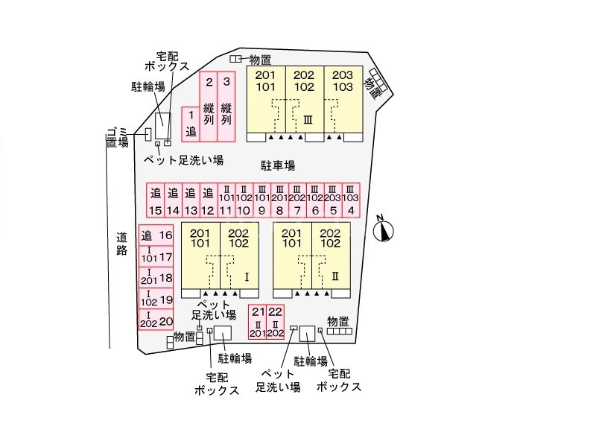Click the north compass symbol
[x=384, y=229]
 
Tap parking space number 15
[x=155, y=201]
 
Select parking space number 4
[x=351, y=201]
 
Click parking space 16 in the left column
[x=156, y=235]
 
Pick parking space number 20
[x=156, y=321]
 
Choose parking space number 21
[x=258, y=323]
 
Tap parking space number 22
[x=276, y=323]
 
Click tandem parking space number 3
[x=227, y=107]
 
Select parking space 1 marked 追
[x=190, y=124]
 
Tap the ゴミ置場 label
[x=116, y=137]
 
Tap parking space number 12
[x=208, y=201]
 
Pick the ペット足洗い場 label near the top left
[x=183, y=159]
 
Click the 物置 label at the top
[x=259, y=59]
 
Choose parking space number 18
[x=156, y=279]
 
